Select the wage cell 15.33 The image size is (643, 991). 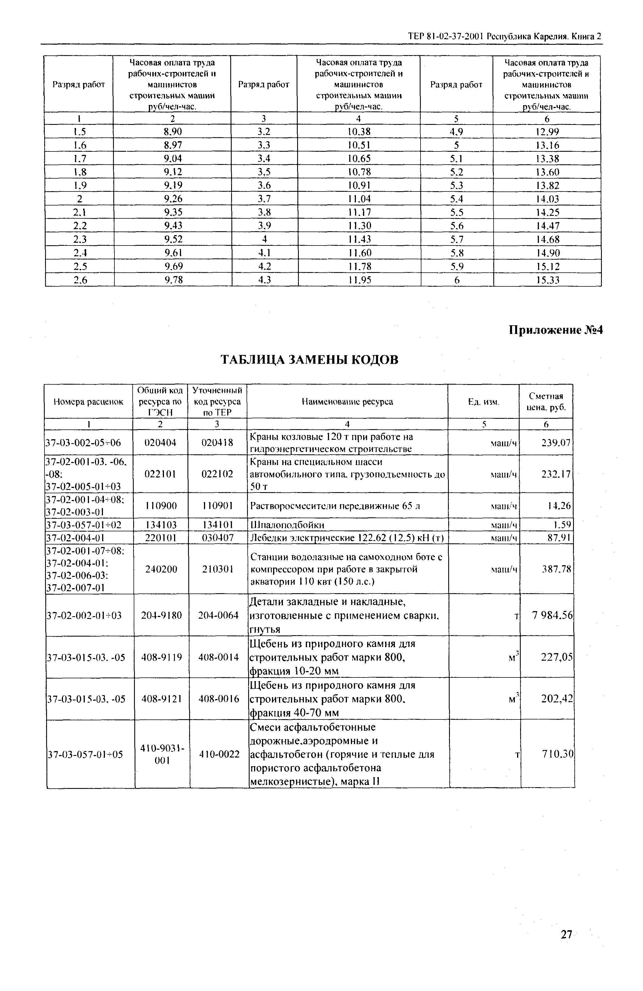547,280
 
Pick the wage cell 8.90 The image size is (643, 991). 172,132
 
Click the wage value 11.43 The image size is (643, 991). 359,239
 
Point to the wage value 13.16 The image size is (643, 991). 547,145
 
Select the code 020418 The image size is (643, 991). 217,443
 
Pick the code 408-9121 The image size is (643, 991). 161,699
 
